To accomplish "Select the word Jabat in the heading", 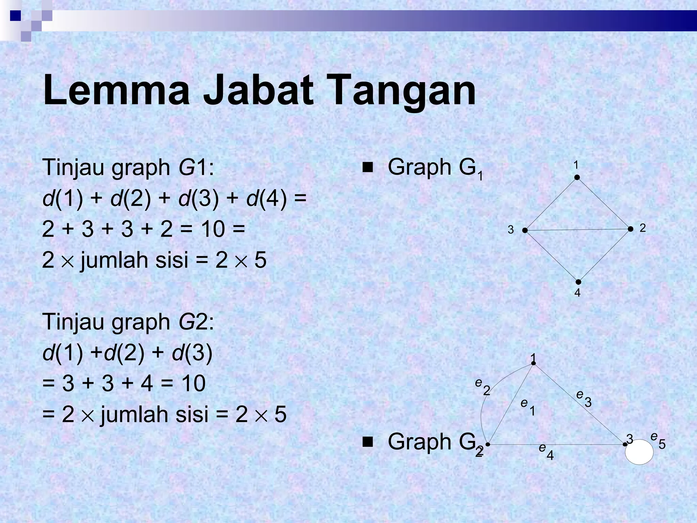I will click(259, 90).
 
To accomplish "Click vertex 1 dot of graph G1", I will click(577, 177).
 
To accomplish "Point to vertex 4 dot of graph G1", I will click(578, 282).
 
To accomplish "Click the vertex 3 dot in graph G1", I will click(525, 231).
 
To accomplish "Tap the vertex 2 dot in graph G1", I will click(630, 229).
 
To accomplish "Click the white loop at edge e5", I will click(639, 452).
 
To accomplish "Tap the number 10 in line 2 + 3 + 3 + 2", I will click(212, 229).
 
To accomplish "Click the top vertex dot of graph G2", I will click(534, 363).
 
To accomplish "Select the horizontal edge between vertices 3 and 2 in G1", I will click(578, 230).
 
